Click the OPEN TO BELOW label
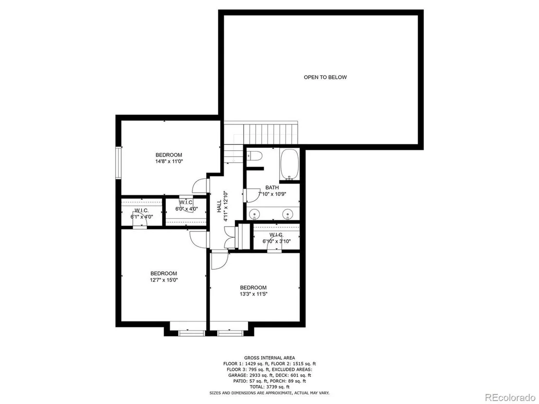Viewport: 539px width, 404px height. (x=325, y=77)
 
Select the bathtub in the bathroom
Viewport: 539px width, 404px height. (x=289, y=164)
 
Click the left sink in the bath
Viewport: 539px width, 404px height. (x=255, y=214)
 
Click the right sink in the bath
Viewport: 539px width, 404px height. (x=287, y=214)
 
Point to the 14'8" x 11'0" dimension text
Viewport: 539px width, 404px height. (x=169, y=161)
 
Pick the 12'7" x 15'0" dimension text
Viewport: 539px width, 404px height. (x=163, y=280)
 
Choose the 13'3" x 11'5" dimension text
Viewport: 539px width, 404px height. (x=253, y=294)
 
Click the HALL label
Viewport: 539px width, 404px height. (x=219, y=207)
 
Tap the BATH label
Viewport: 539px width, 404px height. (x=272, y=188)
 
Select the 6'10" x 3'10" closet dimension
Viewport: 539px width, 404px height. (x=276, y=241)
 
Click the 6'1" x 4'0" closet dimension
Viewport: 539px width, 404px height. (x=142, y=217)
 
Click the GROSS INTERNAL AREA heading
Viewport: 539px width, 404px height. (x=269, y=358)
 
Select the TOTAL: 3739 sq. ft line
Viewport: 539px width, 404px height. (x=269, y=387)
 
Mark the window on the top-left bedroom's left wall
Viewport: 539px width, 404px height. (x=119, y=162)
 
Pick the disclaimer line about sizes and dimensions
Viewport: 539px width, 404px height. (x=269, y=393)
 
